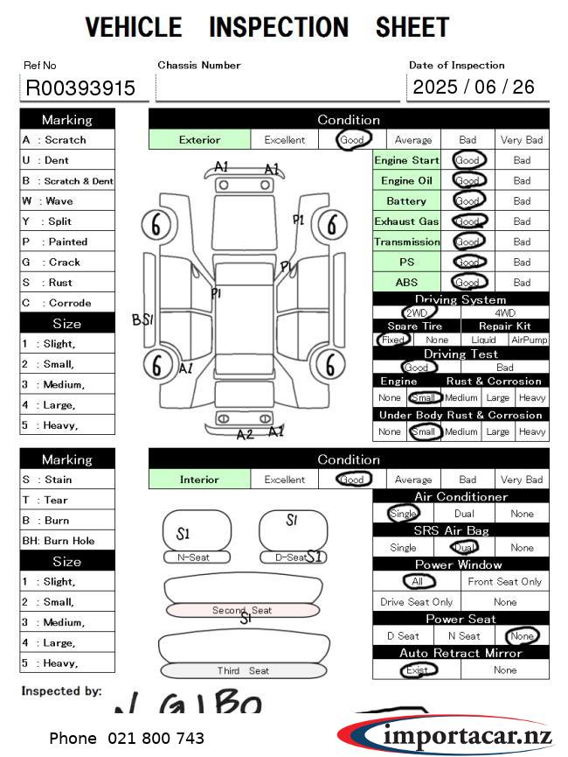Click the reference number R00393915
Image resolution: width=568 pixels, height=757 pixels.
pyautogui.click(x=80, y=88)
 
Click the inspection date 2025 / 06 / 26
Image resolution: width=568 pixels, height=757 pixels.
pyautogui.click(x=474, y=87)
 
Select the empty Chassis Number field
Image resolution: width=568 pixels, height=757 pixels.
pyautogui.click(x=277, y=88)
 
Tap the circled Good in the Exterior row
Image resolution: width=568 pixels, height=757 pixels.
pyautogui.click(x=353, y=140)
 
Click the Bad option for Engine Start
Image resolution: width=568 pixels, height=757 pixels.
pyautogui.click(x=522, y=161)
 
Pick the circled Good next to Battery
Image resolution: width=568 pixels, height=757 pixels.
pyautogui.click(x=468, y=201)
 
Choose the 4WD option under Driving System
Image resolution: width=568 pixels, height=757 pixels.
pyautogui.click(x=505, y=312)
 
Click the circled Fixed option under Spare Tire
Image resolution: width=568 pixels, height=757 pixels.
pyautogui.click(x=394, y=340)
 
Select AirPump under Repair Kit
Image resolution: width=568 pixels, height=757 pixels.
pyautogui.click(x=529, y=340)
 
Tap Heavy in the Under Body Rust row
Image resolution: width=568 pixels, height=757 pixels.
pyautogui.click(x=531, y=431)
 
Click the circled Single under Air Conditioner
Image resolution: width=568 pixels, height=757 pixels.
pyautogui.click(x=403, y=514)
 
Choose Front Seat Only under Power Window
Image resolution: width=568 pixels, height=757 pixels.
pyautogui.click(x=504, y=581)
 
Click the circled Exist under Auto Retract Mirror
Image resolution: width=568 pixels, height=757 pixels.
pyautogui.click(x=417, y=670)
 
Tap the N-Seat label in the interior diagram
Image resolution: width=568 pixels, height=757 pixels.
pyautogui.click(x=197, y=557)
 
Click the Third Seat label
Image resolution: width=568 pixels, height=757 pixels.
pyautogui.click(x=243, y=670)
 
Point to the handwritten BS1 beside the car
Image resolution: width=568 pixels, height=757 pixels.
pyautogui.click(x=142, y=319)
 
